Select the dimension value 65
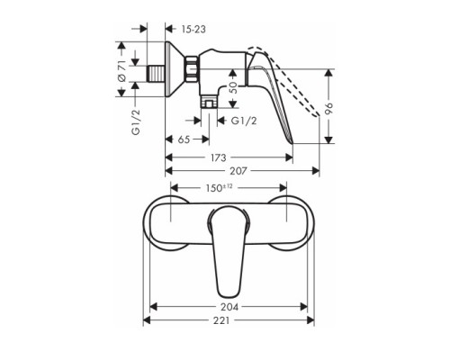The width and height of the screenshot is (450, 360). point(183,141)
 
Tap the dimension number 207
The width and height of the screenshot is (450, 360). point(240,171)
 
